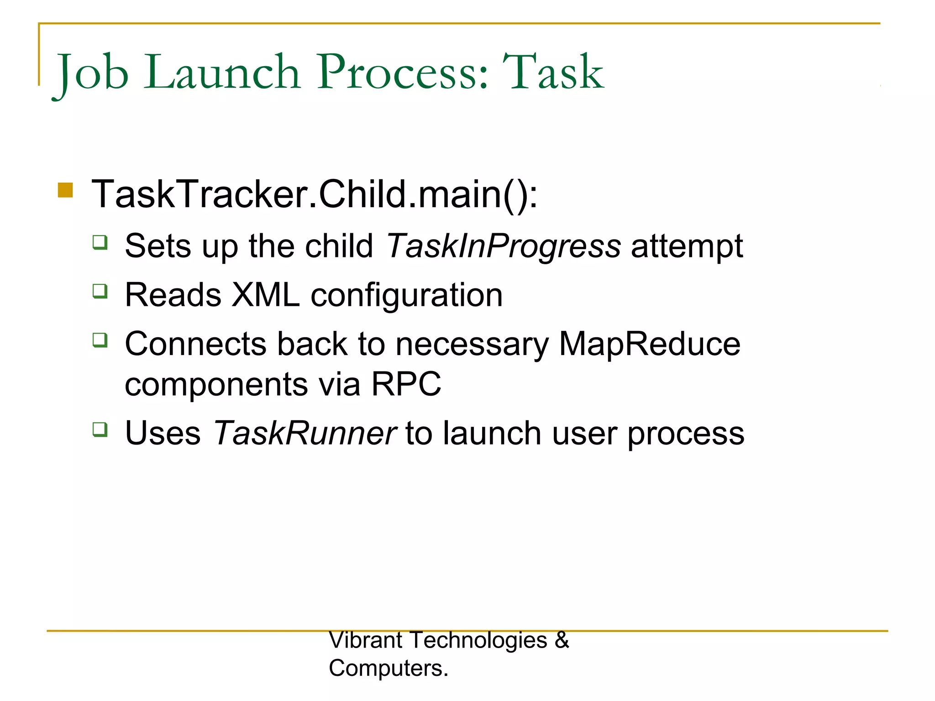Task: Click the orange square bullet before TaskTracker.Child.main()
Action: click(x=66, y=190)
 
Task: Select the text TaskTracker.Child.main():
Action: click(x=315, y=194)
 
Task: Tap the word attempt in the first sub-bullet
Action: click(x=687, y=246)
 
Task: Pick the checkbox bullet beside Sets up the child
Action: click(x=100, y=242)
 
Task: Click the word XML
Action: click(x=265, y=295)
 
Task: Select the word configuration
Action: click(x=406, y=296)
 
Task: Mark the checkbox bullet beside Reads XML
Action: click(x=100, y=291)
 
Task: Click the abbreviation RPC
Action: click(x=406, y=384)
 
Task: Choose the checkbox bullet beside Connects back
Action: click(x=100, y=340)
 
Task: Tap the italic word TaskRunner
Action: click(x=305, y=433)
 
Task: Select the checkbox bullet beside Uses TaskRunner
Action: click(x=100, y=429)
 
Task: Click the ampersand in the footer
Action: click(x=562, y=640)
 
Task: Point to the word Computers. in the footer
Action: click(x=389, y=668)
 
